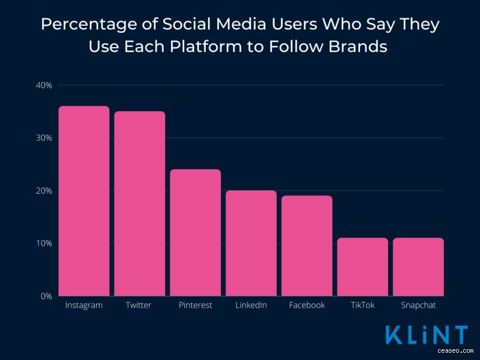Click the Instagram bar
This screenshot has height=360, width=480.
(84, 201)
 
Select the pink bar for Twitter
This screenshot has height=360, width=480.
(140, 203)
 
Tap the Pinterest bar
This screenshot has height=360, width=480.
(196, 233)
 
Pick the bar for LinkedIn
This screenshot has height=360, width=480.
(251, 243)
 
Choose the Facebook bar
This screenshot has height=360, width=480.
(307, 246)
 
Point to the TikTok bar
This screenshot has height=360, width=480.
(362, 267)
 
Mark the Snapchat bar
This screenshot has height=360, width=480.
(418, 267)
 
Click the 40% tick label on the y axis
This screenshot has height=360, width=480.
(44, 85)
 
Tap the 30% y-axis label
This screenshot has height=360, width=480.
(44, 138)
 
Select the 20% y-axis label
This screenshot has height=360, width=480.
(44, 191)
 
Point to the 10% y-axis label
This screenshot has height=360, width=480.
(44, 244)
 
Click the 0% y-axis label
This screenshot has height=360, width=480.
(46, 296)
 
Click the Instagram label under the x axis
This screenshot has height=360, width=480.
(84, 306)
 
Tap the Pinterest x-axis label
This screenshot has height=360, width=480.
(196, 305)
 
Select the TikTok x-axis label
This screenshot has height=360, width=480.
(362, 305)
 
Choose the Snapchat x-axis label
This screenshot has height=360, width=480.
(418, 306)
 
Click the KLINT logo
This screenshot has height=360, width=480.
(427, 335)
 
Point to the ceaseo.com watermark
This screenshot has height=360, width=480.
(455, 351)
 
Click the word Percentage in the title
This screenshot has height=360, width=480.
(89, 24)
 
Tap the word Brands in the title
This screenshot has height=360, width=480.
(358, 47)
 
